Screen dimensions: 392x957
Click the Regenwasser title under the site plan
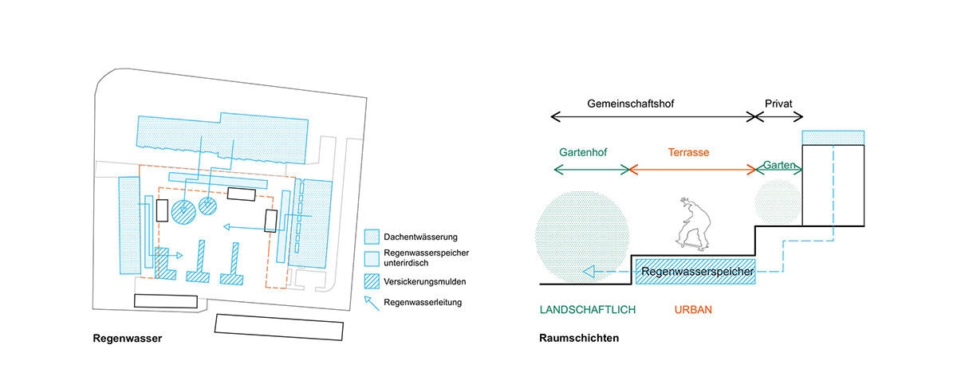128,338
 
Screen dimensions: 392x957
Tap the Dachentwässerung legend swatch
372,237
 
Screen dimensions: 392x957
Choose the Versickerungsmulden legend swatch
372,281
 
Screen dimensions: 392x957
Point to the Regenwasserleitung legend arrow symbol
371,302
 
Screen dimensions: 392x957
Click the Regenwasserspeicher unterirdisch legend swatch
372,258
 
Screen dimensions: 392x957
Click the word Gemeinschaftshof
631,104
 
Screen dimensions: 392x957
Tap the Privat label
778,104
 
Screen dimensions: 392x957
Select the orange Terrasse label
689,151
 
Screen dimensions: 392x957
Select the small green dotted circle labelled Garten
775,201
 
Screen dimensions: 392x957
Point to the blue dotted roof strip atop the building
833,138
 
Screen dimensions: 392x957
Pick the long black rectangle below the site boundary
279,327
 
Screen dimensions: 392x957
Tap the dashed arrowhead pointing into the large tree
588,272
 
